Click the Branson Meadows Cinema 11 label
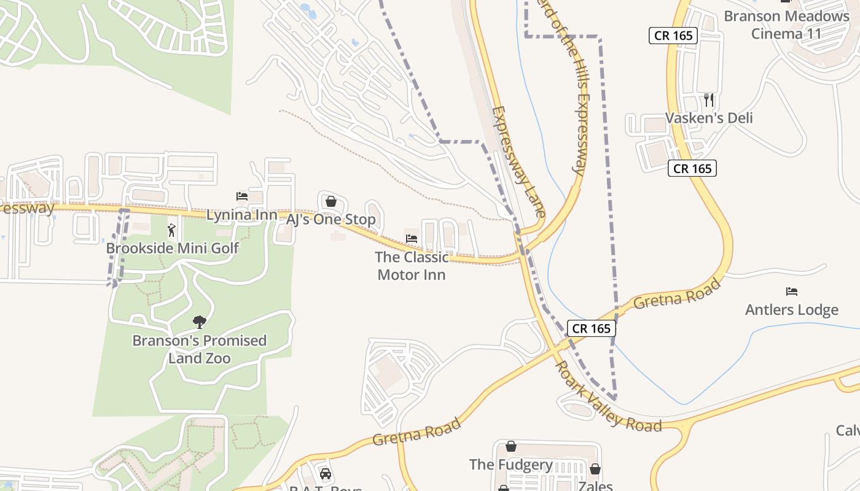[x=786, y=25]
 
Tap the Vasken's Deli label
[x=709, y=118]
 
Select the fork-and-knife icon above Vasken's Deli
[x=709, y=99]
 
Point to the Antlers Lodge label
[x=791, y=310]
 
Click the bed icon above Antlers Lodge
[x=792, y=292]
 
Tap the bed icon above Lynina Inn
[x=242, y=196]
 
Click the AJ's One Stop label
[x=330, y=219]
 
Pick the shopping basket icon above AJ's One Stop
[x=330, y=201]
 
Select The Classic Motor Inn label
[x=412, y=266]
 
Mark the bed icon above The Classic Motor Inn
[x=412, y=238]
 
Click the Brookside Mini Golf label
[x=172, y=249]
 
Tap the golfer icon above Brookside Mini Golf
[x=171, y=231]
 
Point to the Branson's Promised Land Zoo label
[x=199, y=349]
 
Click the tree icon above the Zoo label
[x=199, y=322]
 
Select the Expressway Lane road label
[x=518, y=162]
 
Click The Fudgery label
[x=511, y=465]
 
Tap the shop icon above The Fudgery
[x=511, y=447]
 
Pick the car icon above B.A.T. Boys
[x=326, y=474]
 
